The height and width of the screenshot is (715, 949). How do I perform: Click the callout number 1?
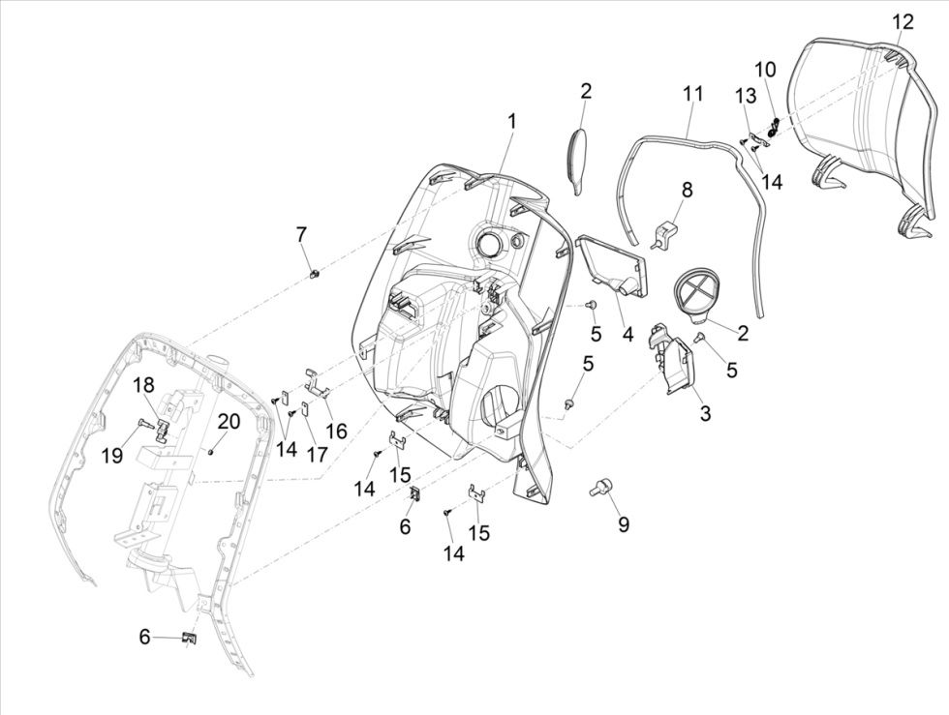[511, 122]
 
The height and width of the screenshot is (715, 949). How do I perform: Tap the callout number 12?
[902, 21]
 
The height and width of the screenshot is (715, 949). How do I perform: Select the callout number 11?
[691, 94]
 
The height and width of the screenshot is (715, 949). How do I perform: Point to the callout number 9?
[624, 524]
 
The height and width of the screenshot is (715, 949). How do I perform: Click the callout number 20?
[229, 421]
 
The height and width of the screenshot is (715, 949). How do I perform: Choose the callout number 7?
[301, 234]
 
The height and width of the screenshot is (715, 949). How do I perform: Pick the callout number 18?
[143, 384]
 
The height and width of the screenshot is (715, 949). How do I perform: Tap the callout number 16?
[336, 431]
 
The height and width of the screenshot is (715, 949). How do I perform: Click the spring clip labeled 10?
[774, 124]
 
